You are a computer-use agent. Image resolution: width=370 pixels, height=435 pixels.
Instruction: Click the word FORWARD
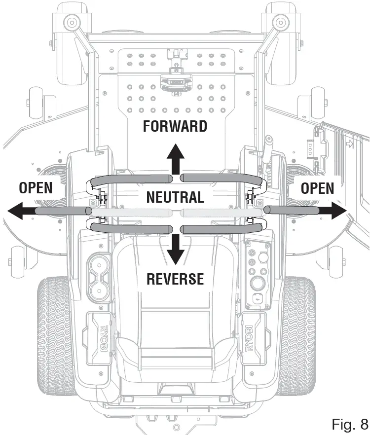(x=175, y=126)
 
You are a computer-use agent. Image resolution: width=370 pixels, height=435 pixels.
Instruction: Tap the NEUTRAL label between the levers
(x=175, y=197)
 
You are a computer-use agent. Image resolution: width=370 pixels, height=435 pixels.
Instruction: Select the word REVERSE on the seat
(x=175, y=279)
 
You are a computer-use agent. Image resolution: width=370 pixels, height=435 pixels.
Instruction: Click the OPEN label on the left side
(x=36, y=188)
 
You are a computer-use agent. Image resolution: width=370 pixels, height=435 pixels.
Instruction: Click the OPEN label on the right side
(x=317, y=188)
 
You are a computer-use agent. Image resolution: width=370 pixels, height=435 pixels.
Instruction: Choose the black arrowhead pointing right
(x=337, y=210)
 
